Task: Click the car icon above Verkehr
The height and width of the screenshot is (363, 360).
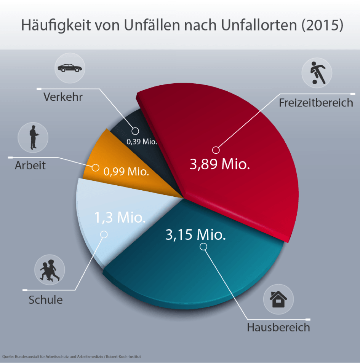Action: click(x=70, y=68)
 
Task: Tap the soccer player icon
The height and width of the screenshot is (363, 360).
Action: click(x=317, y=73)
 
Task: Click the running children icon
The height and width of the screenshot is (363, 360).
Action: click(x=50, y=270)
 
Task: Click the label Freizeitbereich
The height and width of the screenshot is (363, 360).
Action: click(x=316, y=103)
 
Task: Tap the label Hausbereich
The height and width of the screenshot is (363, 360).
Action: click(x=278, y=327)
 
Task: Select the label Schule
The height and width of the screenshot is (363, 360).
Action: click(x=46, y=300)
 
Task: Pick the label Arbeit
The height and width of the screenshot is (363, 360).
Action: click(x=30, y=166)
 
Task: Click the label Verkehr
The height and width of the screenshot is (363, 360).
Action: click(x=63, y=97)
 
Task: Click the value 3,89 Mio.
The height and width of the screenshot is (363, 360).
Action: click(x=220, y=165)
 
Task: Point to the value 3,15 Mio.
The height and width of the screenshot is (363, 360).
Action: click(x=196, y=234)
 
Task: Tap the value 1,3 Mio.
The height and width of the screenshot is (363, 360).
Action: click(x=120, y=218)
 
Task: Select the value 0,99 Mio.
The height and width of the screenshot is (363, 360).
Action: click(x=126, y=172)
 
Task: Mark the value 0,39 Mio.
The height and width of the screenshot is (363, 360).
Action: click(x=142, y=142)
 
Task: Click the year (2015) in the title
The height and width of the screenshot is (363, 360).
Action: click(x=322, y=25)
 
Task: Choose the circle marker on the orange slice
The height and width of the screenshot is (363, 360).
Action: click(x=96, y=167)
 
